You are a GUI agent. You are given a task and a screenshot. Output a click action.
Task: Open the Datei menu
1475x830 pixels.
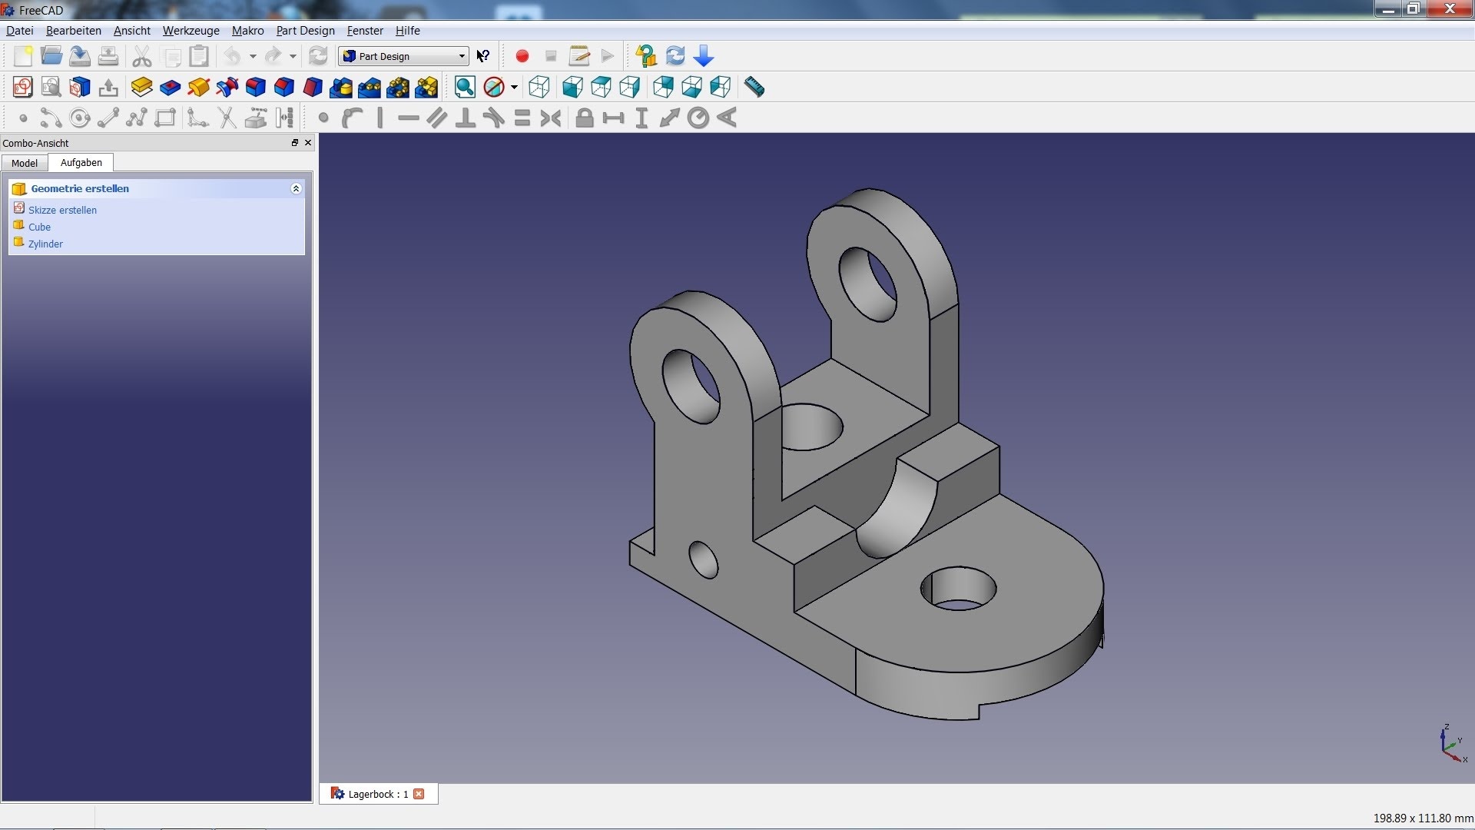coord(19,31)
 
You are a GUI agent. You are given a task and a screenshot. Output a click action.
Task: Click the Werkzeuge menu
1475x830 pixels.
coord(191,31)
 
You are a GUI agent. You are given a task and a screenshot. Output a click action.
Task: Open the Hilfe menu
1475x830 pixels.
coord(407,31)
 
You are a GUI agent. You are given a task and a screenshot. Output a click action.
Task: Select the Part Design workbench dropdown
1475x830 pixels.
coord(403,56)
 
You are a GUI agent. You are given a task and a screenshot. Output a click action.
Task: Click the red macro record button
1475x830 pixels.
coord(522,56)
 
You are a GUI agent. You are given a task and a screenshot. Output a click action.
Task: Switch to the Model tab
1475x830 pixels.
coord(25,163)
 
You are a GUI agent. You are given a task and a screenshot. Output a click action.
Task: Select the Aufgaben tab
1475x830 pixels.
coord(81,163)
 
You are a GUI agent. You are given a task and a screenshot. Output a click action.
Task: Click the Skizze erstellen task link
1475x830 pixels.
coord(62,210)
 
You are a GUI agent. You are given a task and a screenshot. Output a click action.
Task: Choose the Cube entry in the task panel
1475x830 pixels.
coord(39,227)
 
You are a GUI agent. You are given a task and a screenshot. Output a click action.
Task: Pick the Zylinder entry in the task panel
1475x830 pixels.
coord(45,244)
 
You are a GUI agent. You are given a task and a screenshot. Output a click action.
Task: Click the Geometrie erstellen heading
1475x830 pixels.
coord(80,188)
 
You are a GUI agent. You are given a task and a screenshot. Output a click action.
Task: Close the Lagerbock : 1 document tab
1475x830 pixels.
coord(419,794)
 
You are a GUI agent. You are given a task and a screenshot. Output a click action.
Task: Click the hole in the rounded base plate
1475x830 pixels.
coord(958,589)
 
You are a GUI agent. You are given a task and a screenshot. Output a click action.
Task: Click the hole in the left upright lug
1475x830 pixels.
coord(691,386)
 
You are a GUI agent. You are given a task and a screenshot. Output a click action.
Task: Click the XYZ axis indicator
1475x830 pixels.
coord(1451,744)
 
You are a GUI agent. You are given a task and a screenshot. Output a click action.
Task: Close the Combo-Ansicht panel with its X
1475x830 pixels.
coord(308,143)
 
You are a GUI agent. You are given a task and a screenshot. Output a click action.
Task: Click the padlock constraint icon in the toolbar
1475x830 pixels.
coord(585,118)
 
